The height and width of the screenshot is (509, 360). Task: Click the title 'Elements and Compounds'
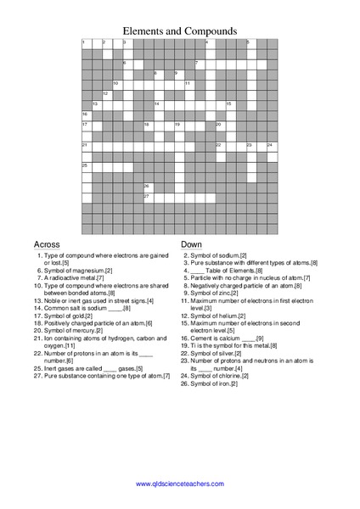(x=180, y=30)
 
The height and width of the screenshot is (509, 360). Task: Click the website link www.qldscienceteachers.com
(x=180, y=484)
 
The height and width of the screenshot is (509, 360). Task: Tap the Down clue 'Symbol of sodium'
(x=218, y=255)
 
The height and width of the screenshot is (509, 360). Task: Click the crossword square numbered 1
(x=86, y=43)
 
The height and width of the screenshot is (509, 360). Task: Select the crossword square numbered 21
(x=86, y=147)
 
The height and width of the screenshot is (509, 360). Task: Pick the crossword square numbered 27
(x=148, y=199)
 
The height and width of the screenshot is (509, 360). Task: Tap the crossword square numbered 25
(x=86, y=167)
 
